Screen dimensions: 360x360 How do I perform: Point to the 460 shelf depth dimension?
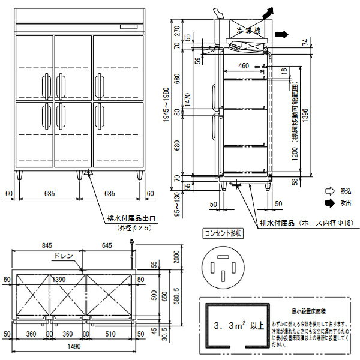pyautogui.click(x=244, y=65)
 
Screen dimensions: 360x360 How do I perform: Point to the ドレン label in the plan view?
pyautogui.click(x=62, y=256)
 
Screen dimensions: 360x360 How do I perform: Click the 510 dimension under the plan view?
pyautogui.click(x=110, y=334)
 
